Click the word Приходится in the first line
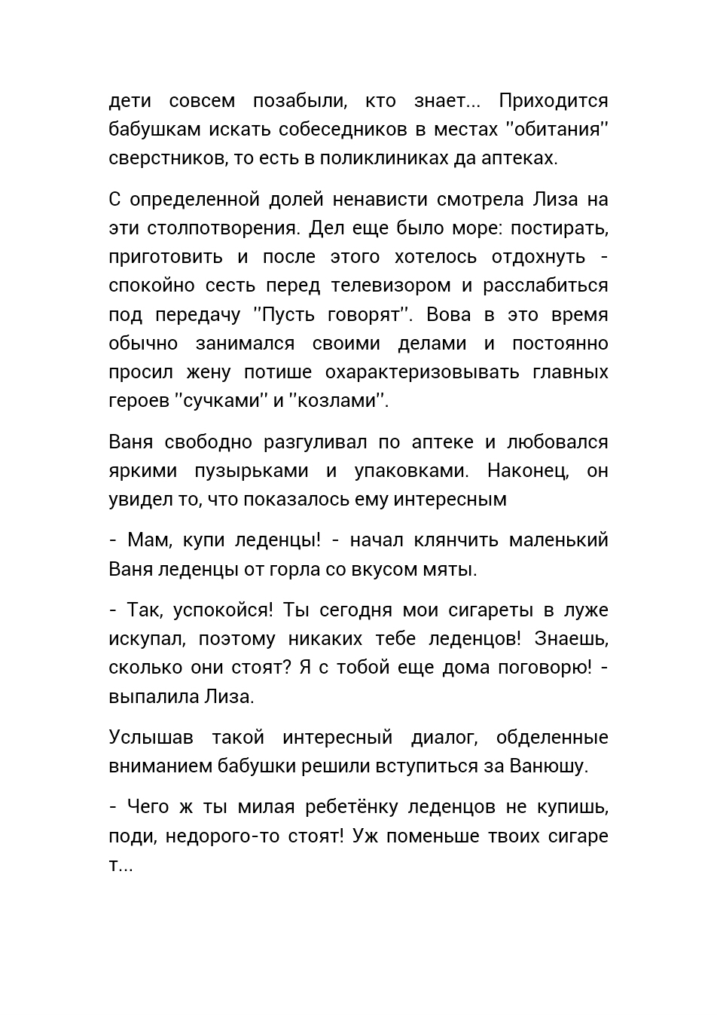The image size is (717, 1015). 553,101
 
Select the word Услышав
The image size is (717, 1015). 151,737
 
